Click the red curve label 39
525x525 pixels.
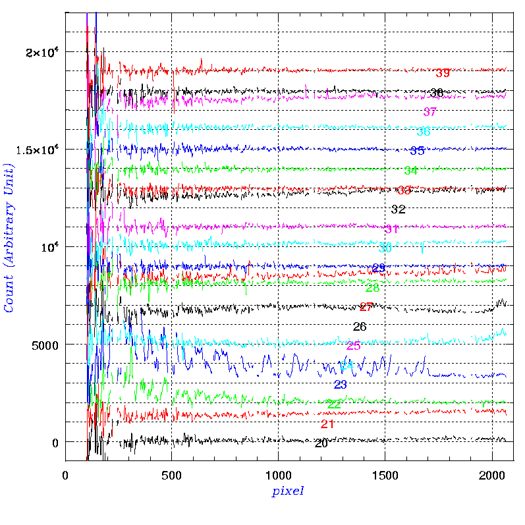coord(443,73)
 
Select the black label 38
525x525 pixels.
coord(436,93)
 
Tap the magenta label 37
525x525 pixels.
coord(429,112)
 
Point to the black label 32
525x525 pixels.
coord(398,210)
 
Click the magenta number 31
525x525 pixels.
coord(391,229)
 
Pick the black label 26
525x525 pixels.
coord(360,327)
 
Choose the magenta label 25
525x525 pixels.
coord(353,346)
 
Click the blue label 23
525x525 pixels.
coord(341,385)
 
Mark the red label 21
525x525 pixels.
coord(327,424)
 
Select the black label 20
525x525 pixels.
coord(321,444)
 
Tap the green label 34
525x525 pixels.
coord(410,171)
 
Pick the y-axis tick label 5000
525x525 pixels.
coord(44,345)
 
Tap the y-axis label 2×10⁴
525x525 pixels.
coord(41,51)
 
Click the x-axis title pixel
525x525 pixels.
coord(288,491)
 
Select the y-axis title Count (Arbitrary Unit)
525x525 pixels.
coord(9,236)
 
